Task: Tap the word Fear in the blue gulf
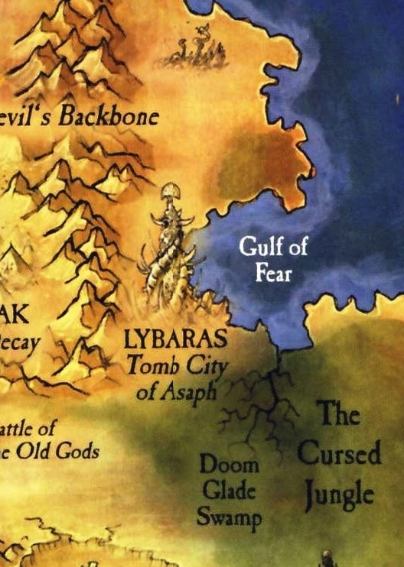point(273,271)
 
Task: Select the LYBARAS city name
point(176,338)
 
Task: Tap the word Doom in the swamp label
point(219,465)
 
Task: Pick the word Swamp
point(229,517)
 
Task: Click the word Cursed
point(338,454)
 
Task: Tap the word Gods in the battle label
point(81,451)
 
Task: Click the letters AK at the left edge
point(14,316)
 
